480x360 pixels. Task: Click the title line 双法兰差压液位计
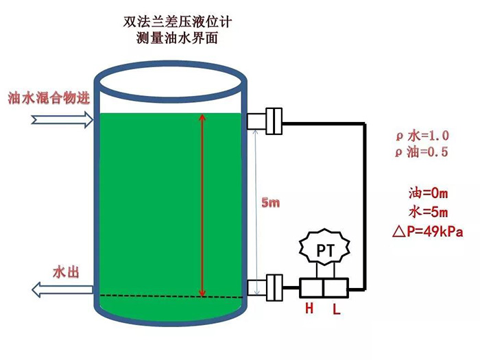coord(178,23)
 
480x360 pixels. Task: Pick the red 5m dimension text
coord(271,203)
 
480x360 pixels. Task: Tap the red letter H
coord(309,309)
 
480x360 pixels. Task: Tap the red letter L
coord(336,309)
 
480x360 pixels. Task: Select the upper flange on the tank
coord(265,121)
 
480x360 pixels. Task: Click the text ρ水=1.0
coord(421,136)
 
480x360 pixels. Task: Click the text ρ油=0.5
coord(421,152)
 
